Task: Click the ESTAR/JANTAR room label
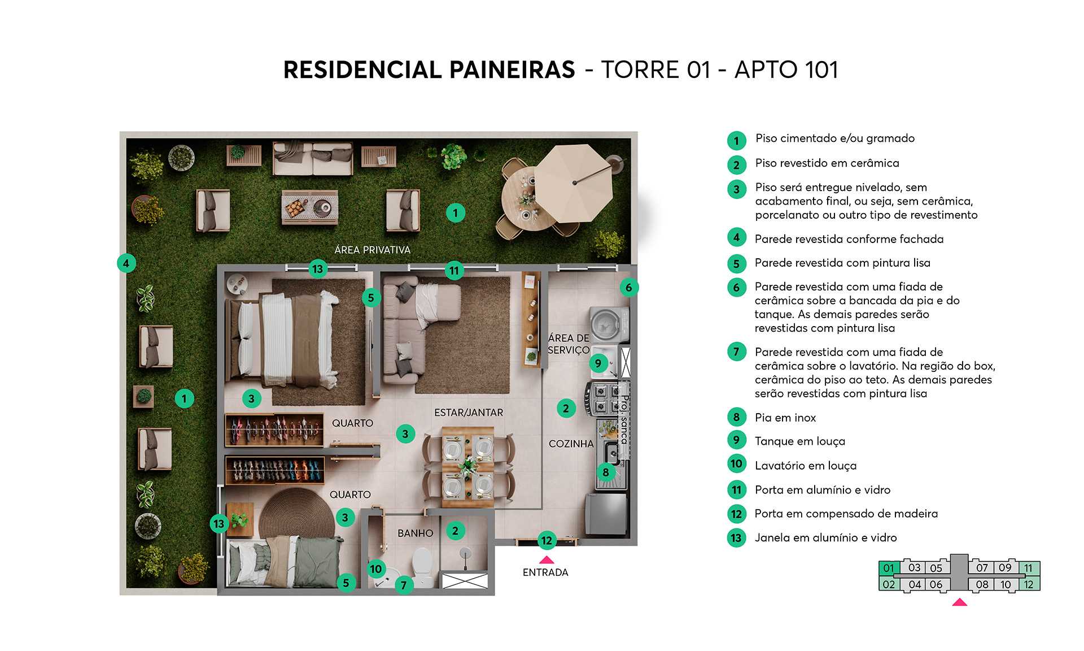[x=468, y=413]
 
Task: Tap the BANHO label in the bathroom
[x=415, y=533]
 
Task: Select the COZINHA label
[x=571, y=444]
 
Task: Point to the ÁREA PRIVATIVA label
[x=372, y=250]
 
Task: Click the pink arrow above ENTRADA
[x=546, y=560]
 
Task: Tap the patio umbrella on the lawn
[x=573, y=183]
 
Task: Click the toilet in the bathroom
[x=422, y=565]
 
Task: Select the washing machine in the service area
[x=607, y=324]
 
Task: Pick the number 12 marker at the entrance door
[x=546, y=541]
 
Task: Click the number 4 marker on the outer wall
[x=126, y=263]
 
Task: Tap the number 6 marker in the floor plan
[x=628, y=287]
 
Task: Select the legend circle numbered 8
[x=736, y=418]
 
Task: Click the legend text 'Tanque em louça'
[x=799, y=441]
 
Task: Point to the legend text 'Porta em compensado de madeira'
[x=846, y=514]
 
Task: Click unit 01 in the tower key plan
[x=889, y=568]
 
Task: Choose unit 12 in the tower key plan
[x=1029, y=584]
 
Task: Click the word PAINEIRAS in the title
[x=512, y=70]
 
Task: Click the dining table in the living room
[x=467, y=467]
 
